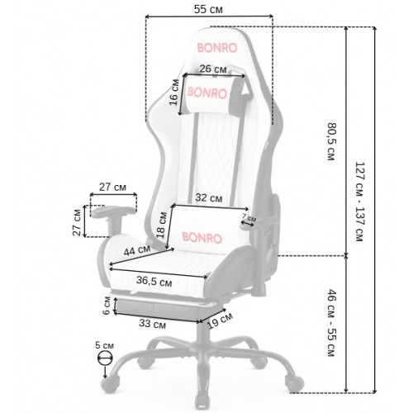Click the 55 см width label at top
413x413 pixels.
click(x=208, y=9)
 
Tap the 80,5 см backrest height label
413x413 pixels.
click(x=331, y=141)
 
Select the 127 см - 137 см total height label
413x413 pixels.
click(x=360, y=202)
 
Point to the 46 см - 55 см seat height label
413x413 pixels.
click(x=331, y=323)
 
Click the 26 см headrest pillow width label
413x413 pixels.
click(x=213, y=69)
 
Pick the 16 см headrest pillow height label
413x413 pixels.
click(x=174, y=93)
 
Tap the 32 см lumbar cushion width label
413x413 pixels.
click(x=209, y=197)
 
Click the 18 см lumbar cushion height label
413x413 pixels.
click(x=162, y=225)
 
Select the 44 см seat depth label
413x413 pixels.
click(x=137, y=250)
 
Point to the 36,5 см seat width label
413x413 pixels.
click(x=154, y=281)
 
